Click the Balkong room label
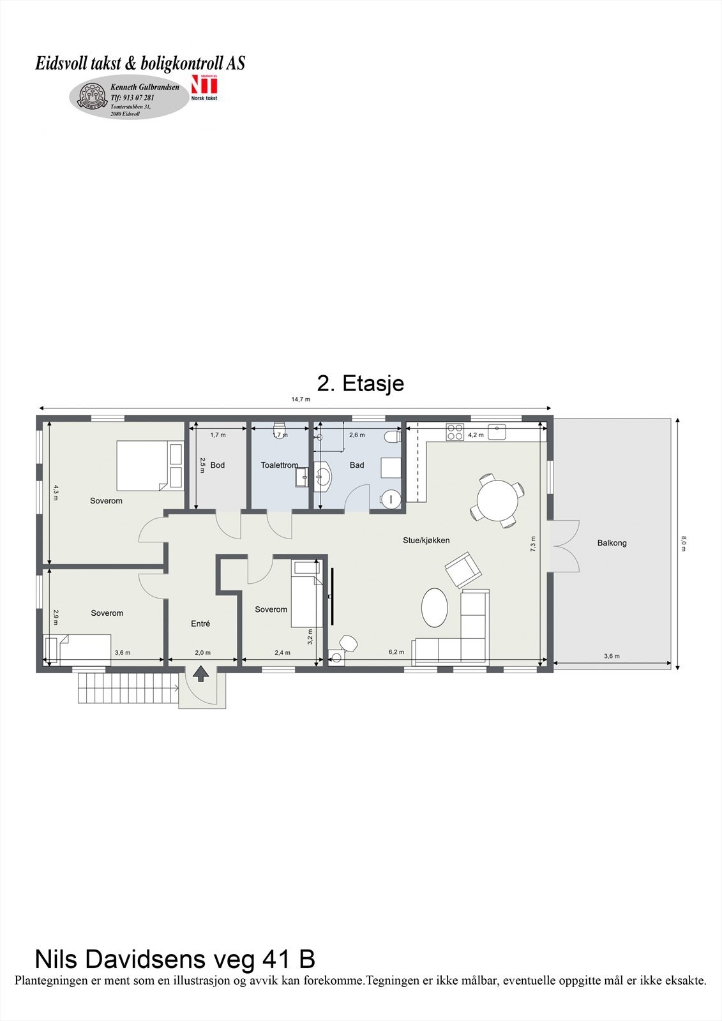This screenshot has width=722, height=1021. pyautogui.click(x=612, y=543)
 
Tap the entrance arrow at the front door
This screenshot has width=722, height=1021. pyautogui.click(x=200, y=674)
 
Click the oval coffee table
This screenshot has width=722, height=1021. pyautogui.click(x=435, y=607)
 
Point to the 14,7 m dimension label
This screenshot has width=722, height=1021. pyautogui.click(x=301, y=399)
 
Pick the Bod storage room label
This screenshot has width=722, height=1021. pyautogui.click(x=217, y=465)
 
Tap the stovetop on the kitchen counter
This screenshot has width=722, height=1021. pyautogui.click(x=455, y=432)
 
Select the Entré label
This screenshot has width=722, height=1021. pyautogui.click(x=200, y=623)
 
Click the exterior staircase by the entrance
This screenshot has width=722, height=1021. pyautogui.click(x=128, y=688)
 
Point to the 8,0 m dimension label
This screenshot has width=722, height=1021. pyautogui.click(x=684, y=544)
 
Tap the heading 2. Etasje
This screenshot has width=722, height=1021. pyautogui.click(x=361, y=384)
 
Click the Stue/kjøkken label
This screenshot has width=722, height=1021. pyautogui.click(x=426, y=540)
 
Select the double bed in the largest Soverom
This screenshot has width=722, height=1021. pyautogui.click(x=149, y=465)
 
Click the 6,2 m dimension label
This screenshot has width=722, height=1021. pyautogui.click(x=396, y=652)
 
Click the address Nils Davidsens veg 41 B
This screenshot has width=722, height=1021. pyautogui.click(x=174, y=959)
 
